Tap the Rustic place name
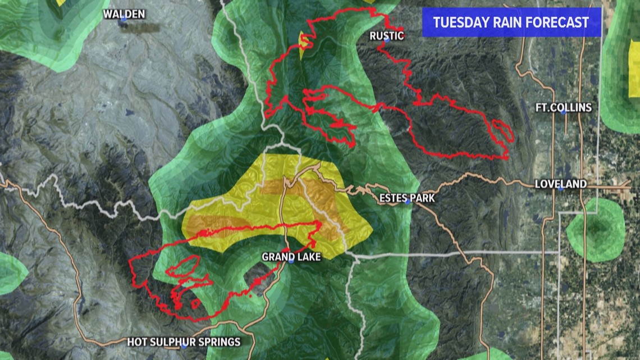387,36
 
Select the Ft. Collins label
563,107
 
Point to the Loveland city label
560,184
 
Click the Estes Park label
407,198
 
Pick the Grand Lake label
291,257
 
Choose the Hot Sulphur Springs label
184,342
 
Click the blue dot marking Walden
123,20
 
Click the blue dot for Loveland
561,189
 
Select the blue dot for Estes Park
408,203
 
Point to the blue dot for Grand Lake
291,262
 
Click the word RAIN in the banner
508,22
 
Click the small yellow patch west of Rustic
304,44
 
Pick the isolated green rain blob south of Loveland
596,230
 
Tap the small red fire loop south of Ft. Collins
502,131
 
